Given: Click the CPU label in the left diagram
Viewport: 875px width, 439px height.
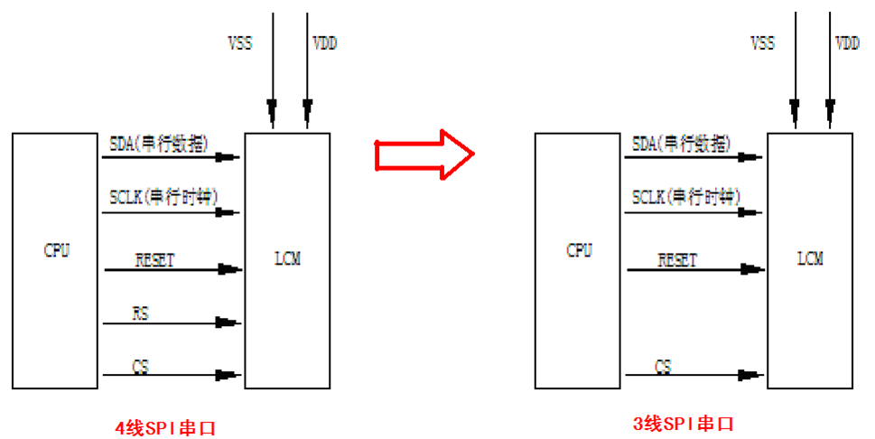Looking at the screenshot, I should (57, 250).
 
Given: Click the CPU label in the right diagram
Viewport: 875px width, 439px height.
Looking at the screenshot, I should (579, 250).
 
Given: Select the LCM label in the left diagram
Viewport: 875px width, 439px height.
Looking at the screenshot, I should (286, 259).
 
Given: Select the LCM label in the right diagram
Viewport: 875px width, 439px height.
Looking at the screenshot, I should (810, 258).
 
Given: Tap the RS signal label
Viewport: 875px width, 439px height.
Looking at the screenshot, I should (141, 313).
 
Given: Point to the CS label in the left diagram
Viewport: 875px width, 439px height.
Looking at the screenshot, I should (141, 367).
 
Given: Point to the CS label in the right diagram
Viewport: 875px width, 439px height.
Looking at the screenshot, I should (663, 367).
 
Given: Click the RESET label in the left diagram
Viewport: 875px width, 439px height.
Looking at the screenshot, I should (154, 260).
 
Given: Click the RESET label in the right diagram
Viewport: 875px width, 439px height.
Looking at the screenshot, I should (677, 260).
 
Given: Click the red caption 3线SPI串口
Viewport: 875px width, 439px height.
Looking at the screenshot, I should (684, 423).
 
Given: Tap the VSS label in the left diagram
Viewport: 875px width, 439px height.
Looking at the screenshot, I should (240, 43).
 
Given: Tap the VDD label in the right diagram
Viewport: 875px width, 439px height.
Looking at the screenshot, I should (847, 42).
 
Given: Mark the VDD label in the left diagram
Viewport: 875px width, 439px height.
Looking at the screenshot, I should (324, 43).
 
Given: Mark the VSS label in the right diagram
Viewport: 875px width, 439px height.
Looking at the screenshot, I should (763, 42).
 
